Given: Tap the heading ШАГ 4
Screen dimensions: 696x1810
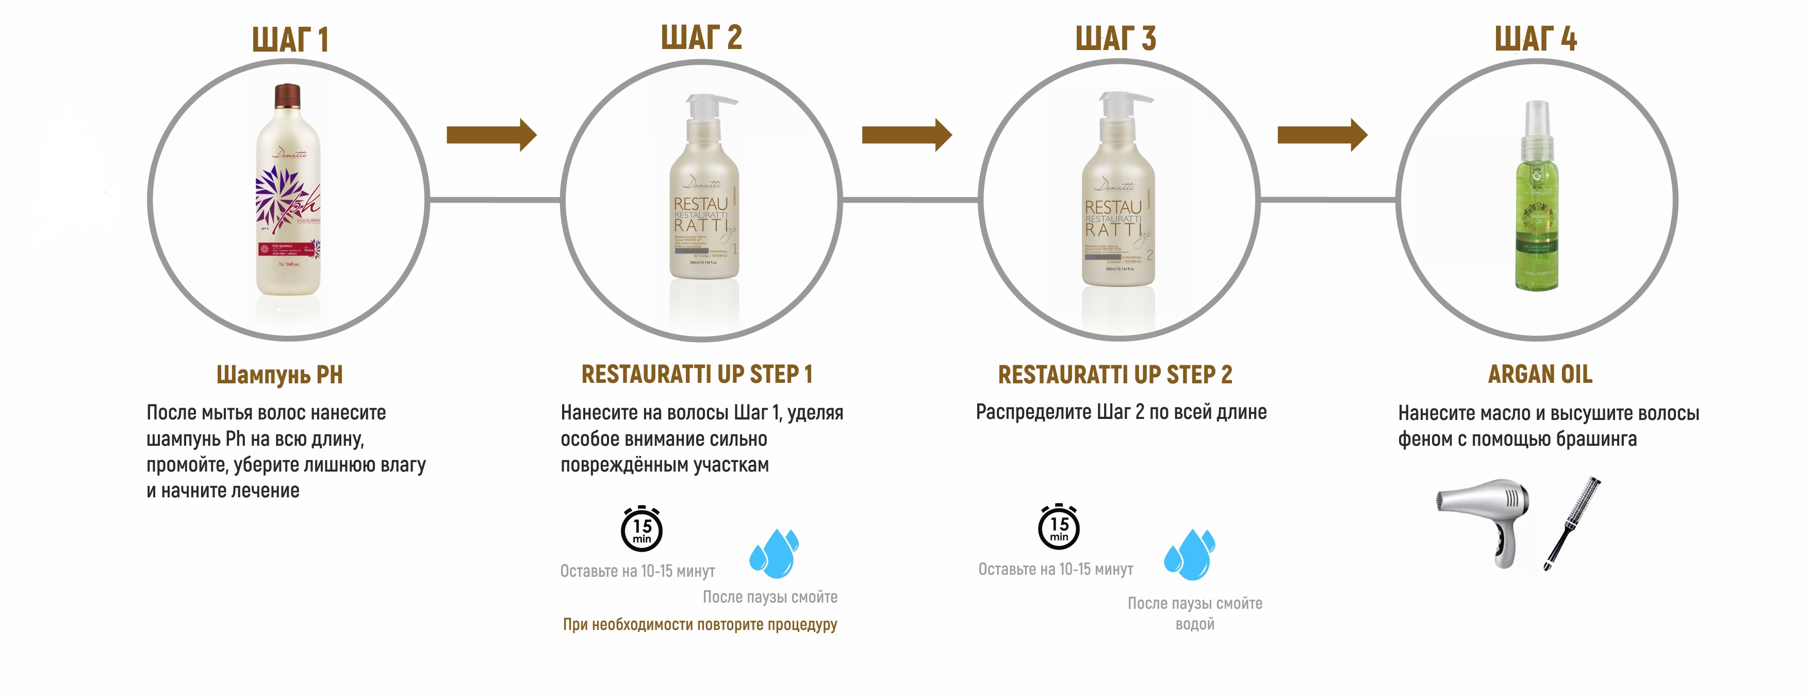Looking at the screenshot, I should point(1535,39).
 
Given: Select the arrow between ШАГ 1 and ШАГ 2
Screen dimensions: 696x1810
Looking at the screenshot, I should point(491,134).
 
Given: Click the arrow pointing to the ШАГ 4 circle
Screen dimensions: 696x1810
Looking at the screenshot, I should point(1322,134).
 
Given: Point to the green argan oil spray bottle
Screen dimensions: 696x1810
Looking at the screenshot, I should point(1537,204).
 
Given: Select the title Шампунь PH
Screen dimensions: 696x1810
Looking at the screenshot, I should point(279,375).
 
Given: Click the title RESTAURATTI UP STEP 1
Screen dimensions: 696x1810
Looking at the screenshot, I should point(696,375).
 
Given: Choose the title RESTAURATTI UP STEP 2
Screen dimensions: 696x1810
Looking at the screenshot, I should point(1115,375).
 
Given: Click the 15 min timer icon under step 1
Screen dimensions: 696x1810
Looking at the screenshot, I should point(641,529).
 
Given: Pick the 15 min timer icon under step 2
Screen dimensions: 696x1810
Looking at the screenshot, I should point(1059,527).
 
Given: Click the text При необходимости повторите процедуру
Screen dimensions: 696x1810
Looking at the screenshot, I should point(700,624).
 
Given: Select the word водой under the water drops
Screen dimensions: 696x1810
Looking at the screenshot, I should point(1194,624).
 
